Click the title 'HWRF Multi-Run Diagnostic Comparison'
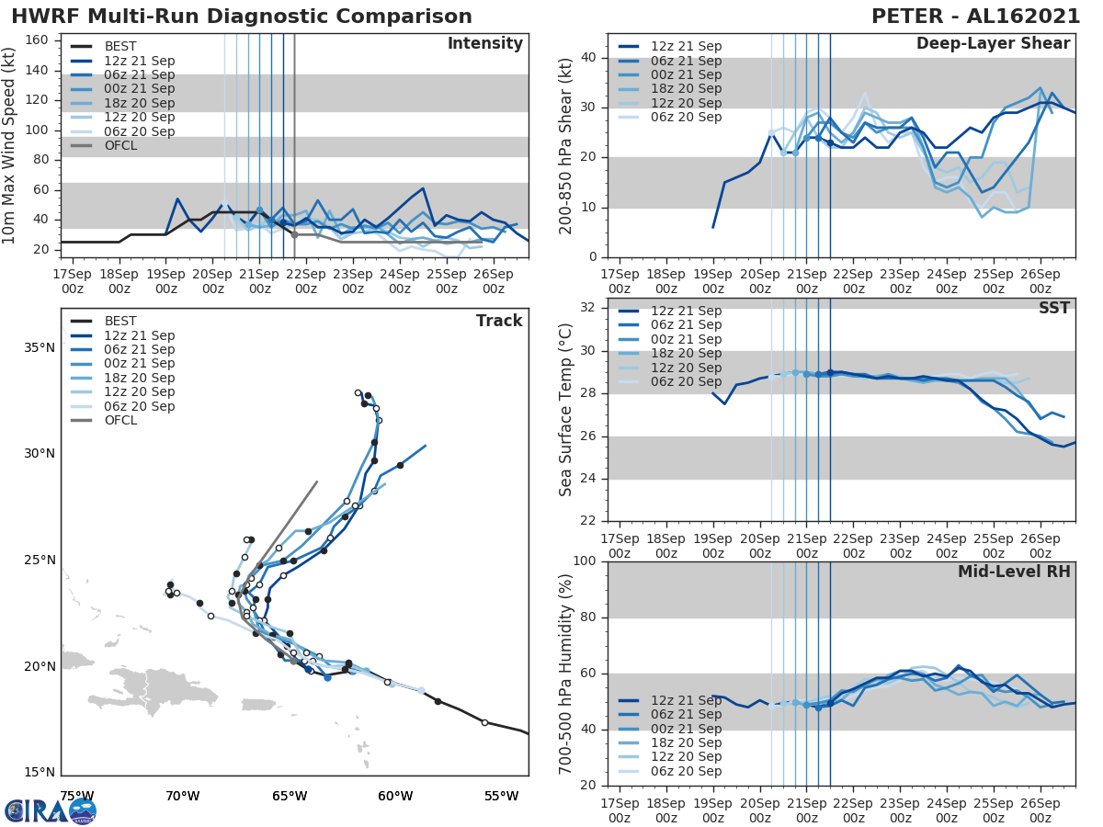pos(242,17)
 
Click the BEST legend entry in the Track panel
pos(120,321)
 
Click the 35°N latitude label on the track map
pos(40,348)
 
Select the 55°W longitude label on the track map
pos(501,796)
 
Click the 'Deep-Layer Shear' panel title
pos(993,44)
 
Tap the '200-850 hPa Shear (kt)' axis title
pos(566,145)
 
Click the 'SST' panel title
pos(1053,308)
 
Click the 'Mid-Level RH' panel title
pos(1014,572)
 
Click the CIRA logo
pos(51,810)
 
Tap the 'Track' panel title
pos(498,321)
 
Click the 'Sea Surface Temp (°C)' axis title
pos(566,409)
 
